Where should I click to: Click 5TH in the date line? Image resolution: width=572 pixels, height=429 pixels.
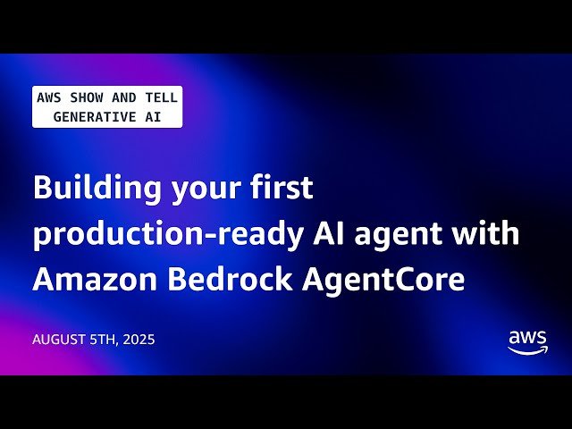103,341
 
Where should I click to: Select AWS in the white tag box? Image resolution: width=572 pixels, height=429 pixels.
48,98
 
